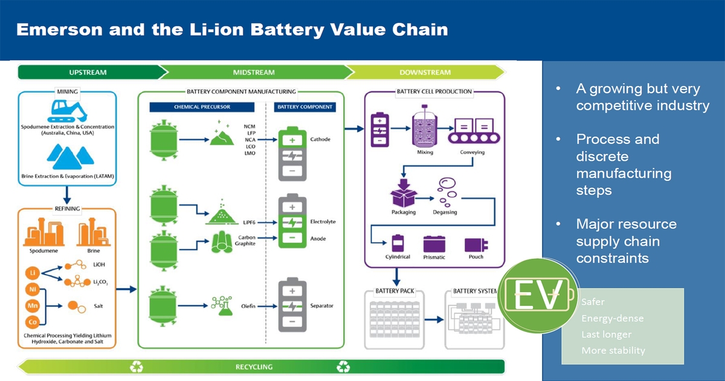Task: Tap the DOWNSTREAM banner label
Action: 425,73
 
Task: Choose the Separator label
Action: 322,306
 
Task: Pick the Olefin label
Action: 248,307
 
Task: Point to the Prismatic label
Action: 434,258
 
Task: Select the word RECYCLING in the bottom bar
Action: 254,366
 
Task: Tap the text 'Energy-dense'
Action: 612,318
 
